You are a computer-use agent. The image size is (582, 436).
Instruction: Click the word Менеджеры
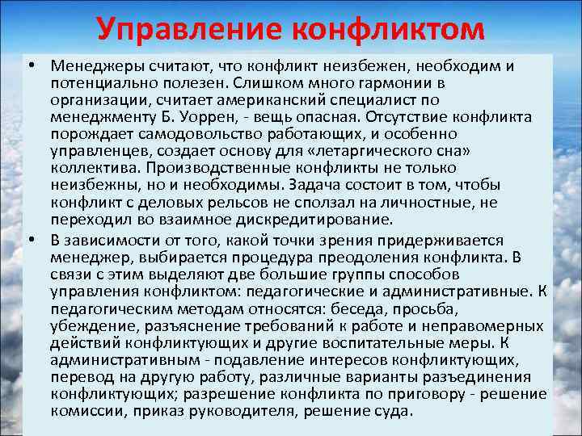[90, 65]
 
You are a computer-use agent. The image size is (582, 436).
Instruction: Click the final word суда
[394, 410]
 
